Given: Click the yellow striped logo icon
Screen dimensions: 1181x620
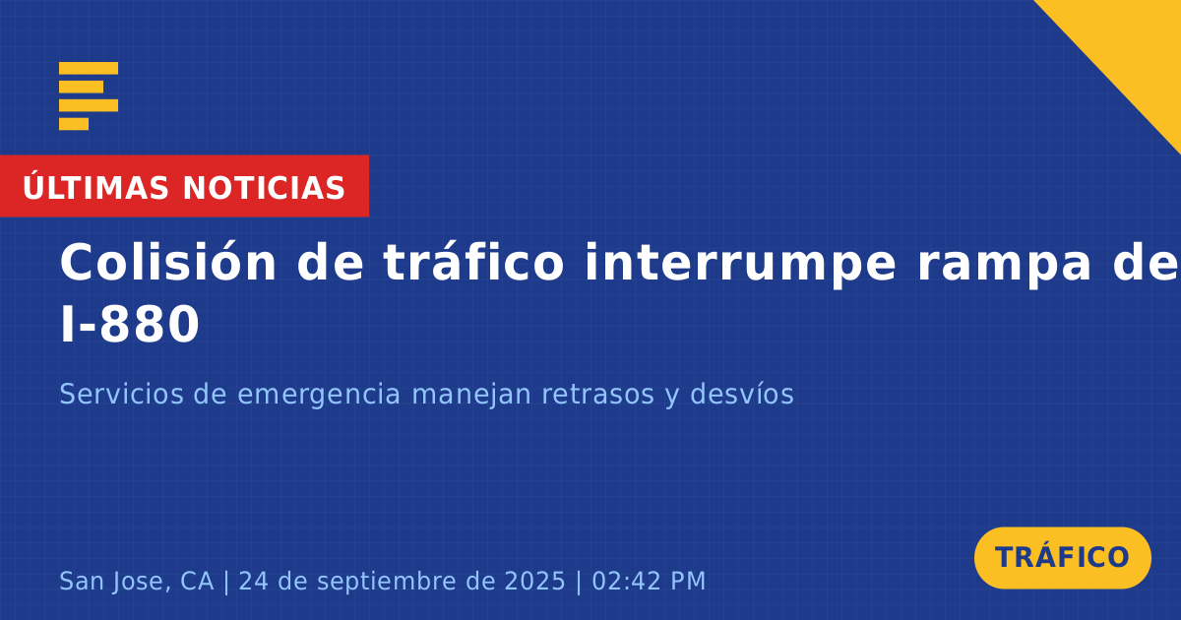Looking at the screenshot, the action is [x=89, y=96].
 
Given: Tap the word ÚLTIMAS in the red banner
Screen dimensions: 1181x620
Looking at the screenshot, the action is [x=95, y=187].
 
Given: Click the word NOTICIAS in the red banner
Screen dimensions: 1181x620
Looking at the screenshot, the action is [x=264, y=188].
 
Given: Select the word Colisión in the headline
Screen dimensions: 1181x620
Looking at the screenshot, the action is [x=167, y=262].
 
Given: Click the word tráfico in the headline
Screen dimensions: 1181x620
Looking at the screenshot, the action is [x=473, y=262].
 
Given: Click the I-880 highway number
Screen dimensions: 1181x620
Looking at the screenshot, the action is [x=130, y=325].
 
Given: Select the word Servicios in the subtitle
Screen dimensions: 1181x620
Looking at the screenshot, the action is [x=121, y=394].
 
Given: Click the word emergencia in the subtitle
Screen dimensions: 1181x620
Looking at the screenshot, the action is [x=319, y=396].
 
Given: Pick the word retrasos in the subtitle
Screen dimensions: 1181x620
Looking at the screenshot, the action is [x=598, y=395].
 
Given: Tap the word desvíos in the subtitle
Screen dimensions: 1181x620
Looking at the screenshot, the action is [x=742, y=394].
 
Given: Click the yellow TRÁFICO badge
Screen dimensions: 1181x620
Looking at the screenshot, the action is [x=1062, y=558].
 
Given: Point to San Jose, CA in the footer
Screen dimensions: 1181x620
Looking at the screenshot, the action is [x=137, y=581].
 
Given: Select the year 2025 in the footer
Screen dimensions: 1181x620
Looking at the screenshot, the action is [x=534, y=581].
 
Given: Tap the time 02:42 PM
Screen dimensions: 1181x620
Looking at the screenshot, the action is [x=649, y=581].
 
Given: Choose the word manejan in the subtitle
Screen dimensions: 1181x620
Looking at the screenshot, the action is [x=470, y=396].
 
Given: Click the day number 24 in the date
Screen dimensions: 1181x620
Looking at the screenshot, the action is [x=253, y=581].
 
